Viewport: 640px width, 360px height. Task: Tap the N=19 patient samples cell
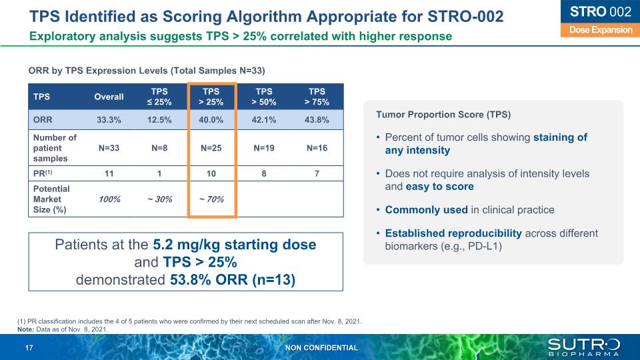pos(264,147)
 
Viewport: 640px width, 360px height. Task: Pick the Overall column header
pos(109,97)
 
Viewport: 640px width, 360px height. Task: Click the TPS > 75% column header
pos(317,97)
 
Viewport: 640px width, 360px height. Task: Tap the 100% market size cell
pos(109,199)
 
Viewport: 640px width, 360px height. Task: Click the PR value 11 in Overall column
pos(109,174)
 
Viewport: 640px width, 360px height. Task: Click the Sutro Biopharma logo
pos(583,347)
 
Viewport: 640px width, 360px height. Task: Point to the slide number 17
pos(29,348)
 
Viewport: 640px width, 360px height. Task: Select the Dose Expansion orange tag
pos(595,30)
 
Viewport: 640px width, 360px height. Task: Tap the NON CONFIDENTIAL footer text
pos(321,348)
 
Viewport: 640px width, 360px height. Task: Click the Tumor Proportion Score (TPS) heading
pos(443,115)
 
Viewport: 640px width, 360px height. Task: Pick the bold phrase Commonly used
pos(426,210)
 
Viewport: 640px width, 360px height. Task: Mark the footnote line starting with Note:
pos(61,329)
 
